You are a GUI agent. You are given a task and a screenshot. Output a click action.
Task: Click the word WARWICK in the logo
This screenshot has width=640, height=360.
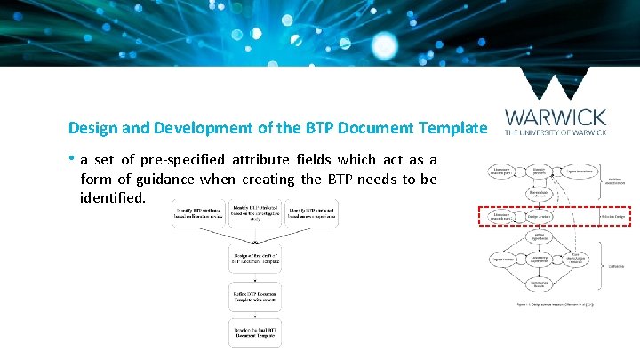(556, 117)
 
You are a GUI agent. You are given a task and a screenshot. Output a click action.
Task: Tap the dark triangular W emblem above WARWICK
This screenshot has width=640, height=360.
(556, 85)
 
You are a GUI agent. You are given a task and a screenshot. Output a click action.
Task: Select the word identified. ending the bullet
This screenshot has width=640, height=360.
(111, 197)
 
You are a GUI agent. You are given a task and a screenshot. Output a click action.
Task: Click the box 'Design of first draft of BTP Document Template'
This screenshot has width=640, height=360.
(256, 259)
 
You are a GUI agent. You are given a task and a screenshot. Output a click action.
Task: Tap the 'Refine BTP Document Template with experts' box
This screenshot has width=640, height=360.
(256, 295)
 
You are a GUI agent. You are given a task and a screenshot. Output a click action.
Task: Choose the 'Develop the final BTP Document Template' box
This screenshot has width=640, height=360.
(256, 332)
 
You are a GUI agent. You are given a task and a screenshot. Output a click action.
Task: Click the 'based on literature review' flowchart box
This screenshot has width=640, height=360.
(199, 213)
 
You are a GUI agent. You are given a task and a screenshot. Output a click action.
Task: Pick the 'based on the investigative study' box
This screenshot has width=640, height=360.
(256, 213)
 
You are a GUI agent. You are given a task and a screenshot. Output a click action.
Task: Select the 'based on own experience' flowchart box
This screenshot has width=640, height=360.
(312, 213)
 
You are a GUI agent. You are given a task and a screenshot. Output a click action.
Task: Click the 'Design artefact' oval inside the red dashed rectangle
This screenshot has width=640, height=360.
(538, 216)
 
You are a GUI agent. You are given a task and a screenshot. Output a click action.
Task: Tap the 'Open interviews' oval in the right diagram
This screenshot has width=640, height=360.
(579, 171)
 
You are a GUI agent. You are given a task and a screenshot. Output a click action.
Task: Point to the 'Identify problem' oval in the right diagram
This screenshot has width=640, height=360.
(539, 170)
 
